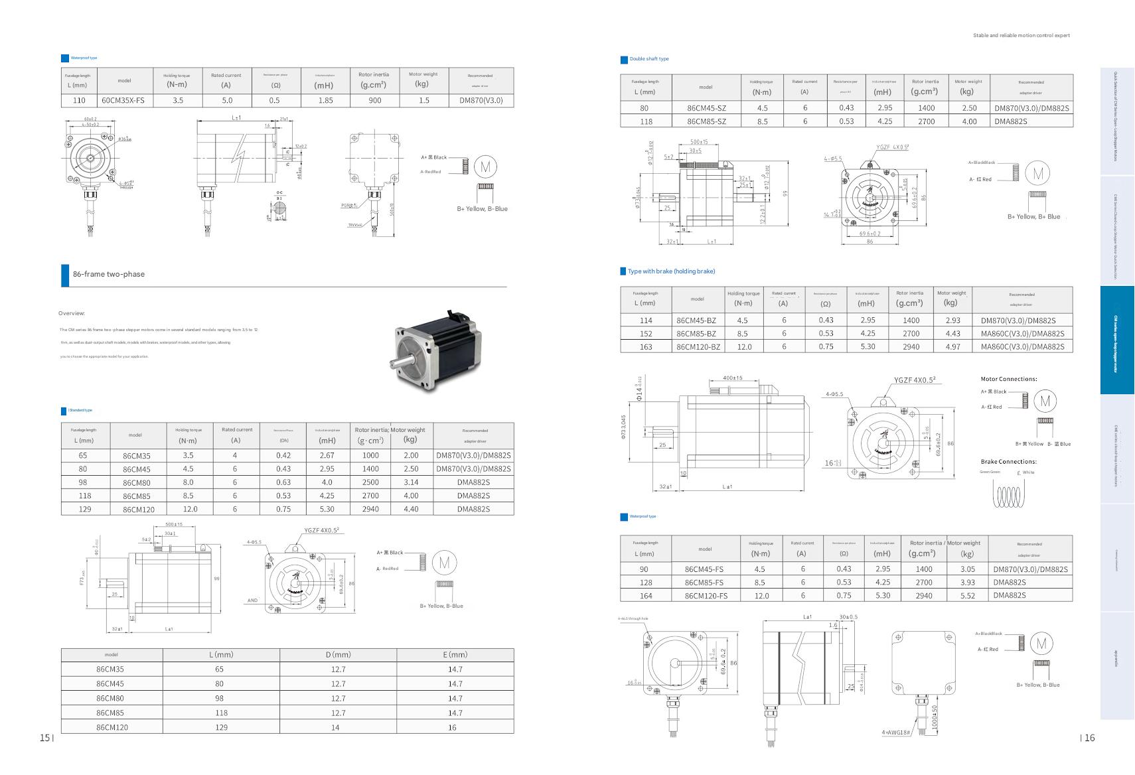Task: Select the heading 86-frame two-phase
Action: point(109,274)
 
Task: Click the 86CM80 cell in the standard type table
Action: point(136,482)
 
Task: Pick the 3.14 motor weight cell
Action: point(411,482)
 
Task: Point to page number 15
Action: point(44,737)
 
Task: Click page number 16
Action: point(1089,737)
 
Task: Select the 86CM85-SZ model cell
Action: point(706,121)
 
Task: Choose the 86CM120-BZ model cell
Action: point(698,346)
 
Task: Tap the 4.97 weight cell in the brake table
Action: point(952,346)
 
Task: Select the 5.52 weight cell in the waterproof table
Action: point(967,596)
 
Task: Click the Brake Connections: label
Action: point(1008,462)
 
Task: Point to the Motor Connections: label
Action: point(1008,379)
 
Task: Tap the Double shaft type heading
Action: point(648,59)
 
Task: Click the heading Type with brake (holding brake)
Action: point(671,271)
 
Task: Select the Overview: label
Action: point(72,313)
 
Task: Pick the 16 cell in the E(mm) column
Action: point(455,727)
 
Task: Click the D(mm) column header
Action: point(338,654)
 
